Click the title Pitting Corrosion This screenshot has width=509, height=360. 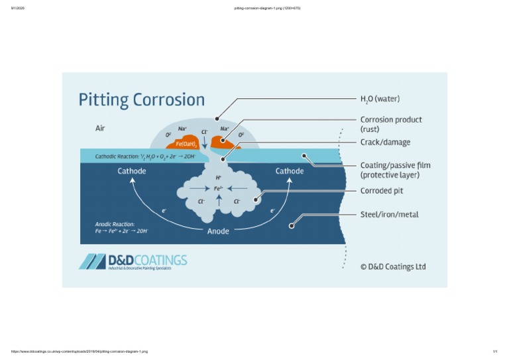tap(142, 100)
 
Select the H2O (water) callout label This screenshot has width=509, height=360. tap(380, 99)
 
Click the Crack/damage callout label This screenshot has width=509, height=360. tap(385, 142)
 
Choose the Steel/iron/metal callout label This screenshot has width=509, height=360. tap(389, 214)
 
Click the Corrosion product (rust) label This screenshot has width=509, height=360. tap(391, 124)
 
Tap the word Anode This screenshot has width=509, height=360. tap(218, 231)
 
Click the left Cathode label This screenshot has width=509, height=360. tap(132, 171)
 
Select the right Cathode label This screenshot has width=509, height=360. tap(290, 171)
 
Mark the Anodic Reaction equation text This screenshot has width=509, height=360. tap(121, 228)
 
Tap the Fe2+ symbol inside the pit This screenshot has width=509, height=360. tap(218, 189)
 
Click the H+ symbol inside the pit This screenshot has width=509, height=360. tap(218, 178)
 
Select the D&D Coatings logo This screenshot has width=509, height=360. tap(133, 261)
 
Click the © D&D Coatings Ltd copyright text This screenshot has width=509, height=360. tap(392, 267)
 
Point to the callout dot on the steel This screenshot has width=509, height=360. tap(292, 226)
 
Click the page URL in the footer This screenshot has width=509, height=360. tap(80, 351)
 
